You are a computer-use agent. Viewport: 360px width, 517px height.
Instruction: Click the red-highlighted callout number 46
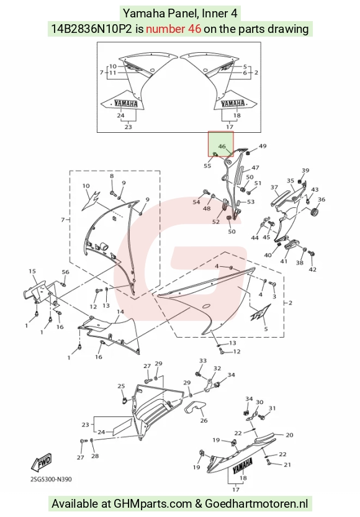coord(222,146)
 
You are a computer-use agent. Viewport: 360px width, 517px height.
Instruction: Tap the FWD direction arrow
coord(41,462)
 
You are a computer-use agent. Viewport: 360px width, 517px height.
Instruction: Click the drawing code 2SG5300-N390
coord(51,479)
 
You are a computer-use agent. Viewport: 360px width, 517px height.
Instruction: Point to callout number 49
coord(263,146)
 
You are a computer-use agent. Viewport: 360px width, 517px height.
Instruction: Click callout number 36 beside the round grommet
coord(322,199)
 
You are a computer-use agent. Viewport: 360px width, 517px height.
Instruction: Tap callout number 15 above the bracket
coord(32,271)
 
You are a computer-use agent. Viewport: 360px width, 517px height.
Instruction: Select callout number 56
coord(66,272)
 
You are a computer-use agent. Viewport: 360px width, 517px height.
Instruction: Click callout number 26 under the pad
coord(204,420)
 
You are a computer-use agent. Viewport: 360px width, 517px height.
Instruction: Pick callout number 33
coord(203,361)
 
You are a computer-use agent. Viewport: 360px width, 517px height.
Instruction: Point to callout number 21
coord(287,465)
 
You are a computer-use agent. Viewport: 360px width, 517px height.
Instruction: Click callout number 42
coord(313,269)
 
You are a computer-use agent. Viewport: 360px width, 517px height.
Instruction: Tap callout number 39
coord(305,171)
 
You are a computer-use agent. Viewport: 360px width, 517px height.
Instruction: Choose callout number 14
coord(120,312)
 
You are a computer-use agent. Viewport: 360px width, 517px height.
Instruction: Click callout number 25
coord(121,386)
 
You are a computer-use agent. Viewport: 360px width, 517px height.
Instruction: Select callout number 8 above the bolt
coord(112,176)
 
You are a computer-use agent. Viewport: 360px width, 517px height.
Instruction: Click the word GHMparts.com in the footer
coord(153,504)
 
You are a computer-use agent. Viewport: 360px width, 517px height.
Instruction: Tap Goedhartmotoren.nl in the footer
coord(256,504)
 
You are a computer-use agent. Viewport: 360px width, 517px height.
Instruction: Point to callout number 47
coord(255,168)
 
